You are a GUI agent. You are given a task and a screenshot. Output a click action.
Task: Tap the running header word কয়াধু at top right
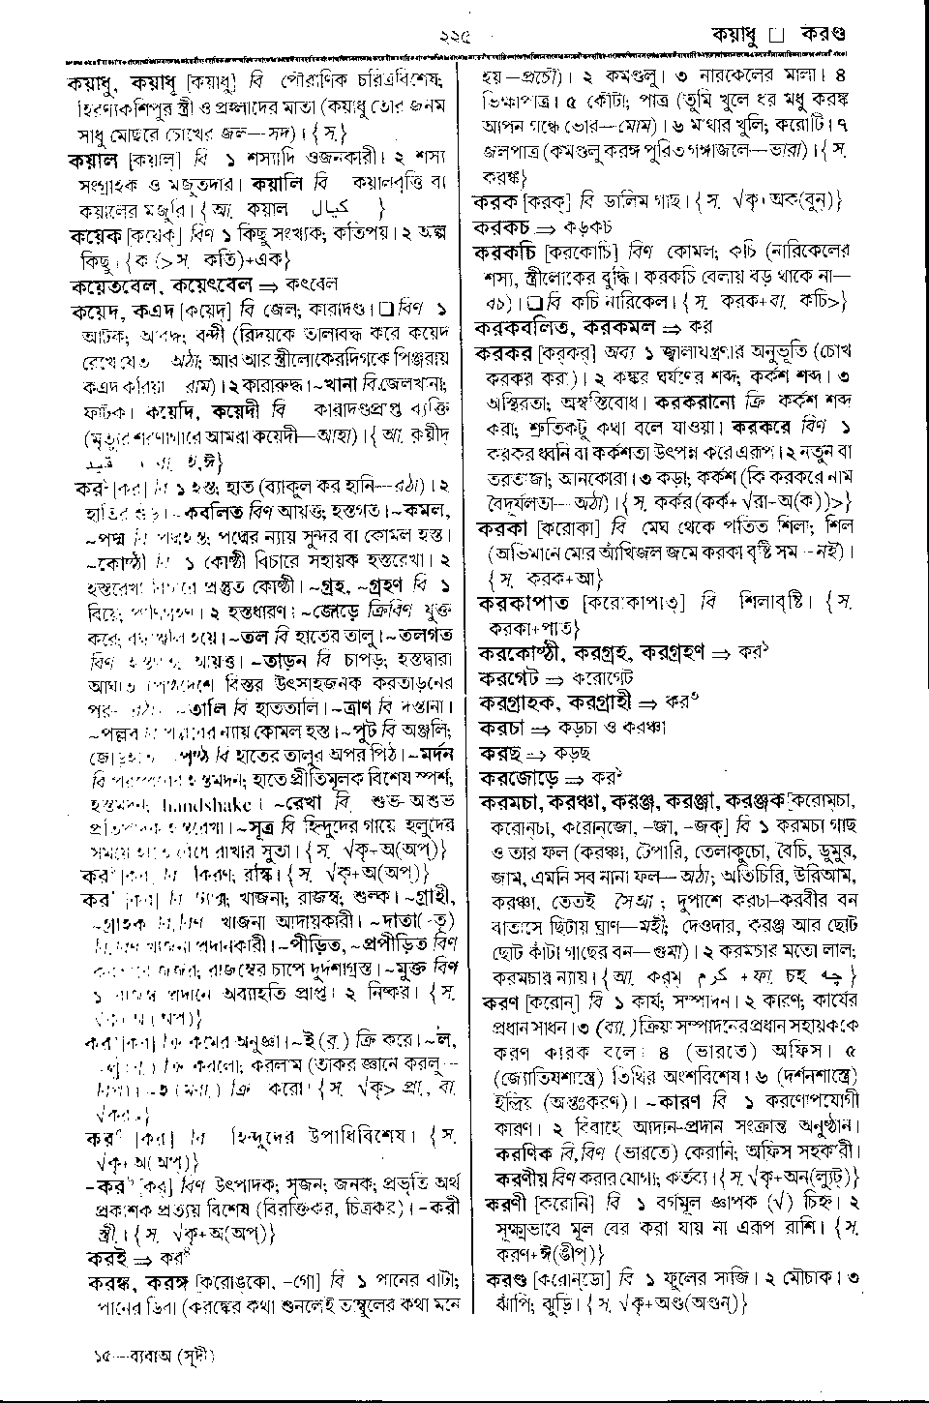coord(735,34)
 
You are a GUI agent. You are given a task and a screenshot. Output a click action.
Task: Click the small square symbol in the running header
coord(774,35)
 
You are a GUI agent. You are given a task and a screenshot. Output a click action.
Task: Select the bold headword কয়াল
coord(92,159)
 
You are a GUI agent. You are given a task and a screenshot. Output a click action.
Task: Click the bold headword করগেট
coord(506,677)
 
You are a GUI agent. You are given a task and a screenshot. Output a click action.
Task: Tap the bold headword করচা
coord(500,728)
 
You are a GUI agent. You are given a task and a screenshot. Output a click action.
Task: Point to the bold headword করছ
coord(496,753)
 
